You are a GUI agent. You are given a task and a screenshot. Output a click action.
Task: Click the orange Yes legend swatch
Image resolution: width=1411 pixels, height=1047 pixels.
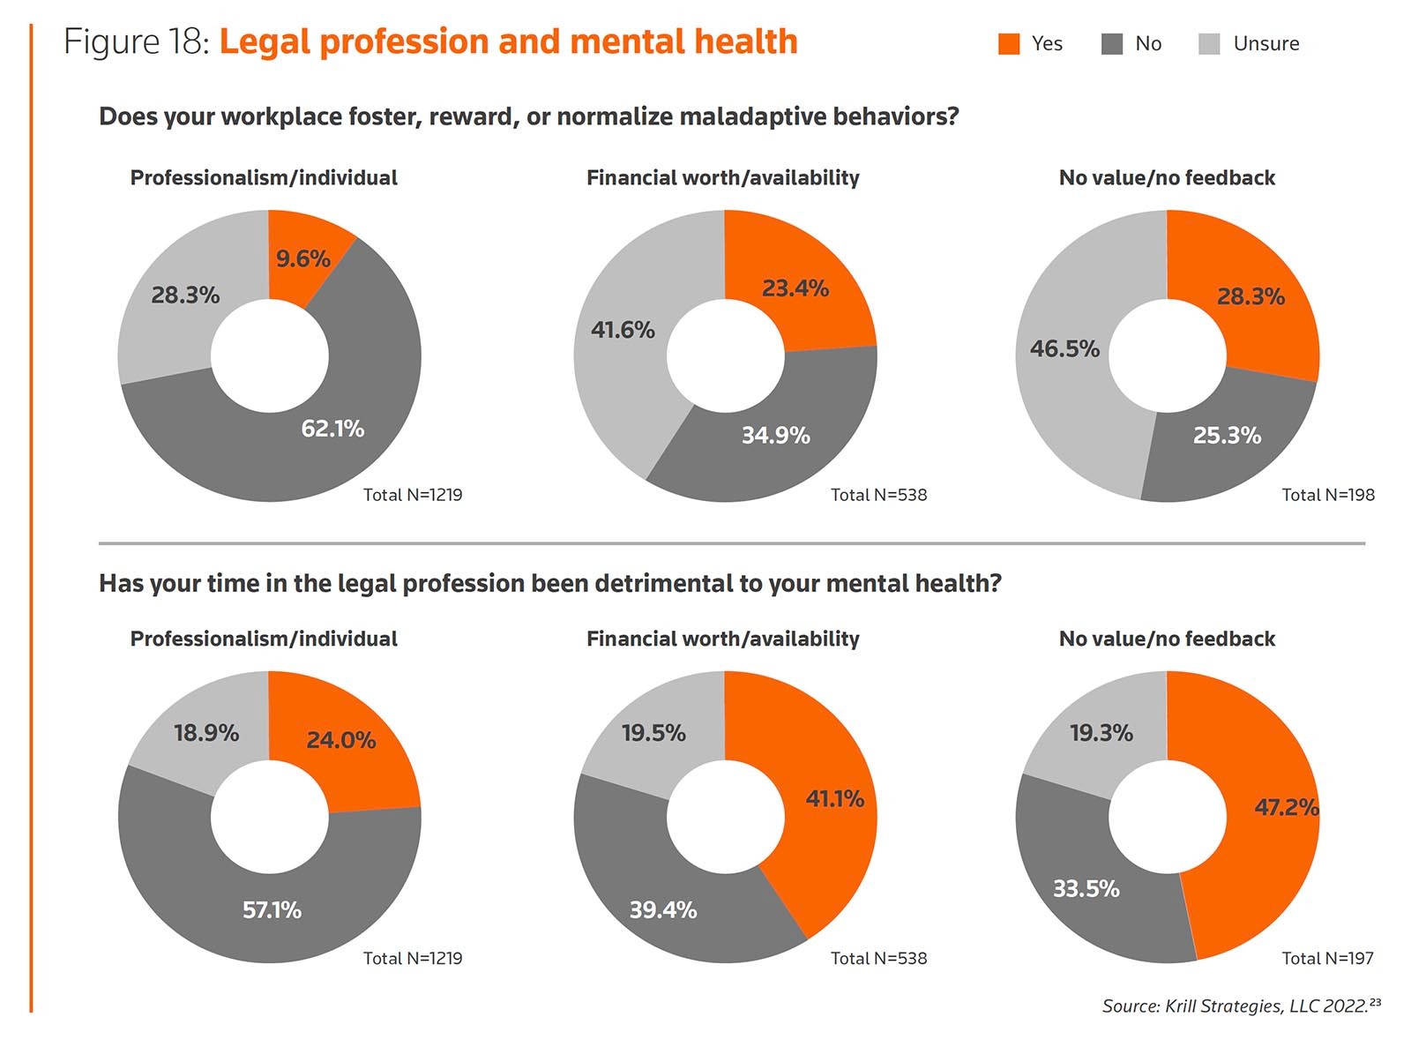tap(1008, 44)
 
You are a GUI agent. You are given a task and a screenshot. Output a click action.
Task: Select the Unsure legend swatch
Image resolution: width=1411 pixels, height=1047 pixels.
tap(1209, 44)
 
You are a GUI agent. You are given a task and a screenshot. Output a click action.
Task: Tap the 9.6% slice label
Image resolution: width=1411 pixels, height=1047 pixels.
tap(302, 258)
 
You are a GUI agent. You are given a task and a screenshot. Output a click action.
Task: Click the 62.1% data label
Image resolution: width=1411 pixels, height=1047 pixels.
tap(332, 429)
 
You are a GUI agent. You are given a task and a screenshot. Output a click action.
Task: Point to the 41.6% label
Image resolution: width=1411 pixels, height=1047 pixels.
tap(623, 330)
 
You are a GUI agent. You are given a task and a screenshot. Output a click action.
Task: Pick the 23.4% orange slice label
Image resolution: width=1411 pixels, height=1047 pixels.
tap(795, 288)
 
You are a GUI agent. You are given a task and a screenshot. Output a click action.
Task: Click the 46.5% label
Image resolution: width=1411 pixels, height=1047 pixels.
tap(1064, 349)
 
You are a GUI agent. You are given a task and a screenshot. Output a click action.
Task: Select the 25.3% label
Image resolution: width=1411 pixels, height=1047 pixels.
tap(1227, 435)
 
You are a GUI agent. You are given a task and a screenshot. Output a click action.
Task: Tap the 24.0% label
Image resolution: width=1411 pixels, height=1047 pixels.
tap(340, 740)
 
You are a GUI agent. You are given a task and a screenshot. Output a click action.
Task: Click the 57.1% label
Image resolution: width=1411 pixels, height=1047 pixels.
tap(272, 909)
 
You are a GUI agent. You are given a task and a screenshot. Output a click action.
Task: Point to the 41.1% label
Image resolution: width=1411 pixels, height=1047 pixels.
tap(834, 799)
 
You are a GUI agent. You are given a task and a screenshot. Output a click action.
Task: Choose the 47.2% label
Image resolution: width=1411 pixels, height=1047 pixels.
tap(1286, 807)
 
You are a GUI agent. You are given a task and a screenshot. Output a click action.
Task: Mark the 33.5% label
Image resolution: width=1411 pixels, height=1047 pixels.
tap(1086, 888)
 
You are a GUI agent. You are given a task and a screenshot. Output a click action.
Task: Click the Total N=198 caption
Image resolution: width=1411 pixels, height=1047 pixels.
tap(1327, 495)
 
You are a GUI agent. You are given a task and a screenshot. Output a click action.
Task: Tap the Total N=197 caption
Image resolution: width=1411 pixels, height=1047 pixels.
tap(1327, 958)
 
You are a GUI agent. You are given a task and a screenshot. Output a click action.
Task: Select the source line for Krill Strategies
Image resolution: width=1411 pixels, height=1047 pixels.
tap(1241, 1006)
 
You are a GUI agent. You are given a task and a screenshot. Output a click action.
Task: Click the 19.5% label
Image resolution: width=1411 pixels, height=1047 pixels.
tap(653, 733)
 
